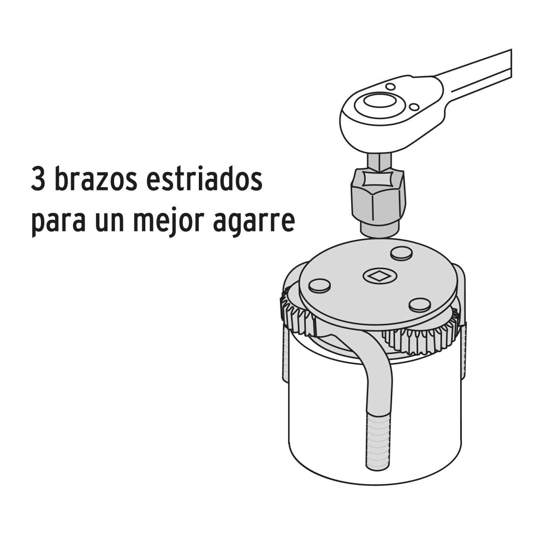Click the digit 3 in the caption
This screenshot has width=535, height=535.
pos(39,179)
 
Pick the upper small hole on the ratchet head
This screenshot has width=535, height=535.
pos(391,86)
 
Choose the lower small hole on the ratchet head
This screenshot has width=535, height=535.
pos(414,107)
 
